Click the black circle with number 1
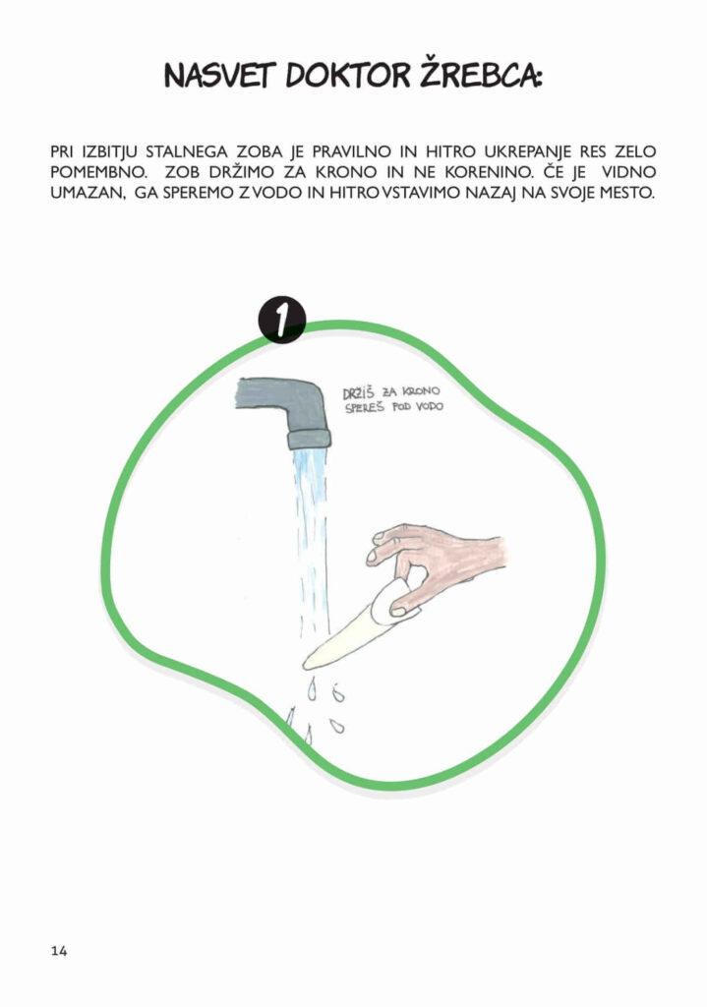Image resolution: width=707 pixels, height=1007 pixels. [x=282, y=320]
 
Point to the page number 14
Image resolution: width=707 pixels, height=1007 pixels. [x=59, y=951]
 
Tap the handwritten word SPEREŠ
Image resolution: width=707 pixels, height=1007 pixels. [x=366, y=408]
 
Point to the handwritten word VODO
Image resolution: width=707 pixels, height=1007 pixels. [x=430, y=406]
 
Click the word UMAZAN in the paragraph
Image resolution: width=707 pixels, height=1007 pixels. [x=88, y=194]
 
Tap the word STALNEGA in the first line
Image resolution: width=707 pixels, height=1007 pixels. [x=186, y=152]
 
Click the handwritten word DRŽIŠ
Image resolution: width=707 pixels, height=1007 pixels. [x=358, y=393]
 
